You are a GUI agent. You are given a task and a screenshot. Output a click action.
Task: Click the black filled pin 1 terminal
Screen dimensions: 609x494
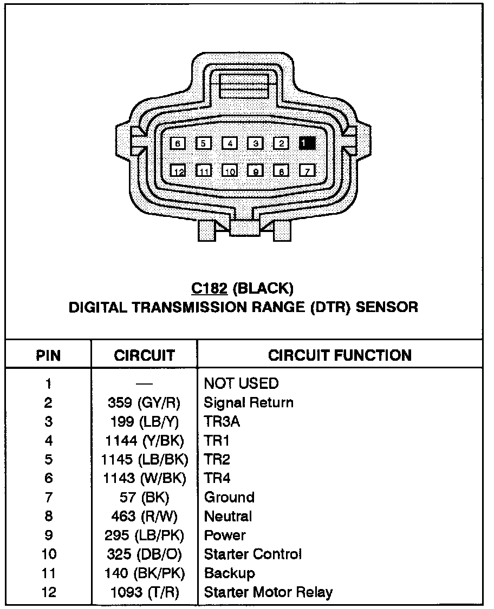coord(307,143)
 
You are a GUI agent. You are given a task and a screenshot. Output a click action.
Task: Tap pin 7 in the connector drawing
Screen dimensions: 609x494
coord(307,171)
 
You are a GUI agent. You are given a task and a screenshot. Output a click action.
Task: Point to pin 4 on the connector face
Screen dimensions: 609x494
coord(230,143)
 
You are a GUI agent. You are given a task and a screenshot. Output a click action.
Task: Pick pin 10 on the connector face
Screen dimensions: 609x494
coord(230,171)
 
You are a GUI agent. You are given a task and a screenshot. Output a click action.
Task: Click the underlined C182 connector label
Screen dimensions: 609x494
coord(209,288)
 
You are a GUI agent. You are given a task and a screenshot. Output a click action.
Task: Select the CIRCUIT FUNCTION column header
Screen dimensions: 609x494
coord(340,355)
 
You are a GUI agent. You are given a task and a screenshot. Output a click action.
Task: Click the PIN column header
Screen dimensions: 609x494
coord(48,355)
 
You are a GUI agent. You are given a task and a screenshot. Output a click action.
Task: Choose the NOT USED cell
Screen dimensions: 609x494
coord(241,384)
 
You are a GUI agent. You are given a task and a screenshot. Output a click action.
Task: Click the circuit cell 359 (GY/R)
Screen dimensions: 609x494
coord(145,403)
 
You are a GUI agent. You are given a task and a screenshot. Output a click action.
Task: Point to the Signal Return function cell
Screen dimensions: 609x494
coord(249,403)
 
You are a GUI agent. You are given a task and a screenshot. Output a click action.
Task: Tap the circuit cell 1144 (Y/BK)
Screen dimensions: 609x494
coord(145,441)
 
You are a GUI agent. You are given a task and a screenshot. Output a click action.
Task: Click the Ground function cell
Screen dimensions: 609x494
coord(229,498)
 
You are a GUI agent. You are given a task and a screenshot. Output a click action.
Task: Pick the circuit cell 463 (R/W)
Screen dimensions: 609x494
coord(145,517)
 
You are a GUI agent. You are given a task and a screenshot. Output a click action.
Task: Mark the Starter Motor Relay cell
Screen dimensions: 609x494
coord(268,592)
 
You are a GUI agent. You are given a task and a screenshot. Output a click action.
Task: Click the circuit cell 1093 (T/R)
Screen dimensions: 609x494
coord(145,592)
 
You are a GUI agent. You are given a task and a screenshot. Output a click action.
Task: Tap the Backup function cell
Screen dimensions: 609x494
coord(229,573)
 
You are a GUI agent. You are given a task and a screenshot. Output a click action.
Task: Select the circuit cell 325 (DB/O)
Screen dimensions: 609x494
coord(145,554)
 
